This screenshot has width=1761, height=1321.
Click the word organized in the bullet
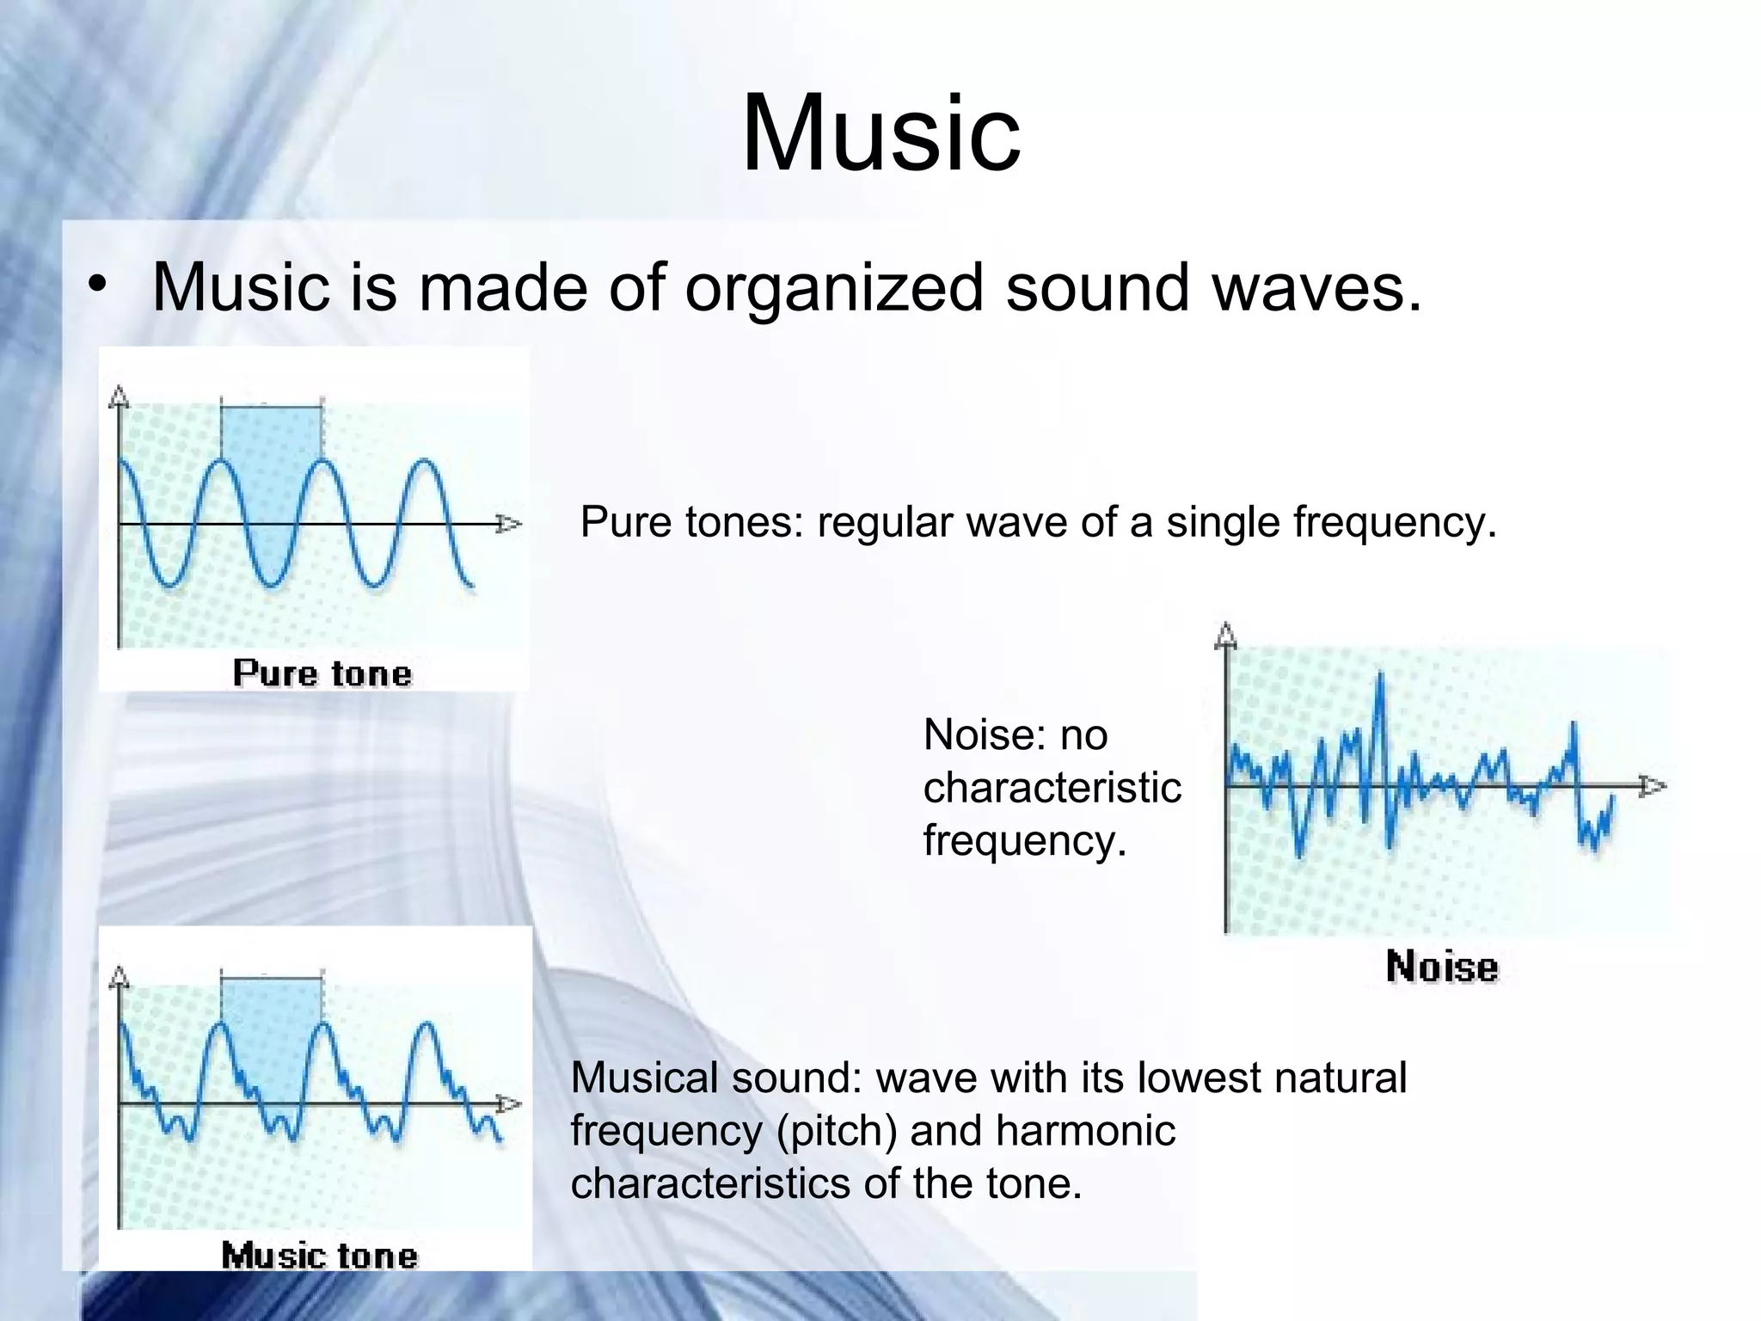click(x=833, y=287)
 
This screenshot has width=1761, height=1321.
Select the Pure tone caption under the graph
click(x=322, y=673)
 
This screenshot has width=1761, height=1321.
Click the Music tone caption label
click(x=319, y=1256)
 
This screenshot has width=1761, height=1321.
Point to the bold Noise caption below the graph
click(x=1442, y=967)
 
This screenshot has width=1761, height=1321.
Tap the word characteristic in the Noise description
click(x=1052, y=788)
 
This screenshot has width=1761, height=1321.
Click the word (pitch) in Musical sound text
click(x=835, y=1130)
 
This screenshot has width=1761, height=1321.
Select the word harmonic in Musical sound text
click(x=1086, y=1130)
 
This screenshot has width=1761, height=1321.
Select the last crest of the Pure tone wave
click(x=424, y=464)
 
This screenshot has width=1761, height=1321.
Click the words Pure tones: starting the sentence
click(x=691, y=522)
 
